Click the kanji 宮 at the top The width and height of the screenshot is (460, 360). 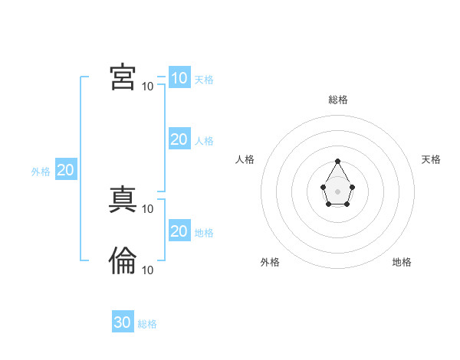click(x=123, y=77)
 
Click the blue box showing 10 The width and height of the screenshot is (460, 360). click(x=179, y=77)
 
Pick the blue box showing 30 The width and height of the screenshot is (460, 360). click(x=123, y=322)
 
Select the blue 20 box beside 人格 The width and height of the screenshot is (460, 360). click(x=179, y=139)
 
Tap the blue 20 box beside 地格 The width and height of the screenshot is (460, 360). click(x=179, y=231)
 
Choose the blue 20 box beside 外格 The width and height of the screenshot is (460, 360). click(x=65, y=170)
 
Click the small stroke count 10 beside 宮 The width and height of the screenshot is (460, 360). click(x=147, y=86)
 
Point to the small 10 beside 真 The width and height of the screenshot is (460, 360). click(x=147, y=208)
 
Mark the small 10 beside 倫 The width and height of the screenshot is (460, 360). click(x=147, y=270)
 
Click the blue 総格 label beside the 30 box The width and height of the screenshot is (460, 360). click(x=147, y=324)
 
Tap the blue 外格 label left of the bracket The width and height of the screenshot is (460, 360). click(x=41, y=172)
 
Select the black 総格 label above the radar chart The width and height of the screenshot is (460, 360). click(x=337, y=100)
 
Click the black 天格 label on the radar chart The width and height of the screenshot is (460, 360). click(x=431, y=159)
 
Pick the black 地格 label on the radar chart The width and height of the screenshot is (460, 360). click(x=402, y=262)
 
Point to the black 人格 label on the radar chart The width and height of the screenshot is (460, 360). click(x=245, y=159)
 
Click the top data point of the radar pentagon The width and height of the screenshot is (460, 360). click(x=337, y=161)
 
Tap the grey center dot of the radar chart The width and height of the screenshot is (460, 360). click(x=337, y=190)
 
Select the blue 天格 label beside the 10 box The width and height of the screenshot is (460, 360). click(x=204, y=80)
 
